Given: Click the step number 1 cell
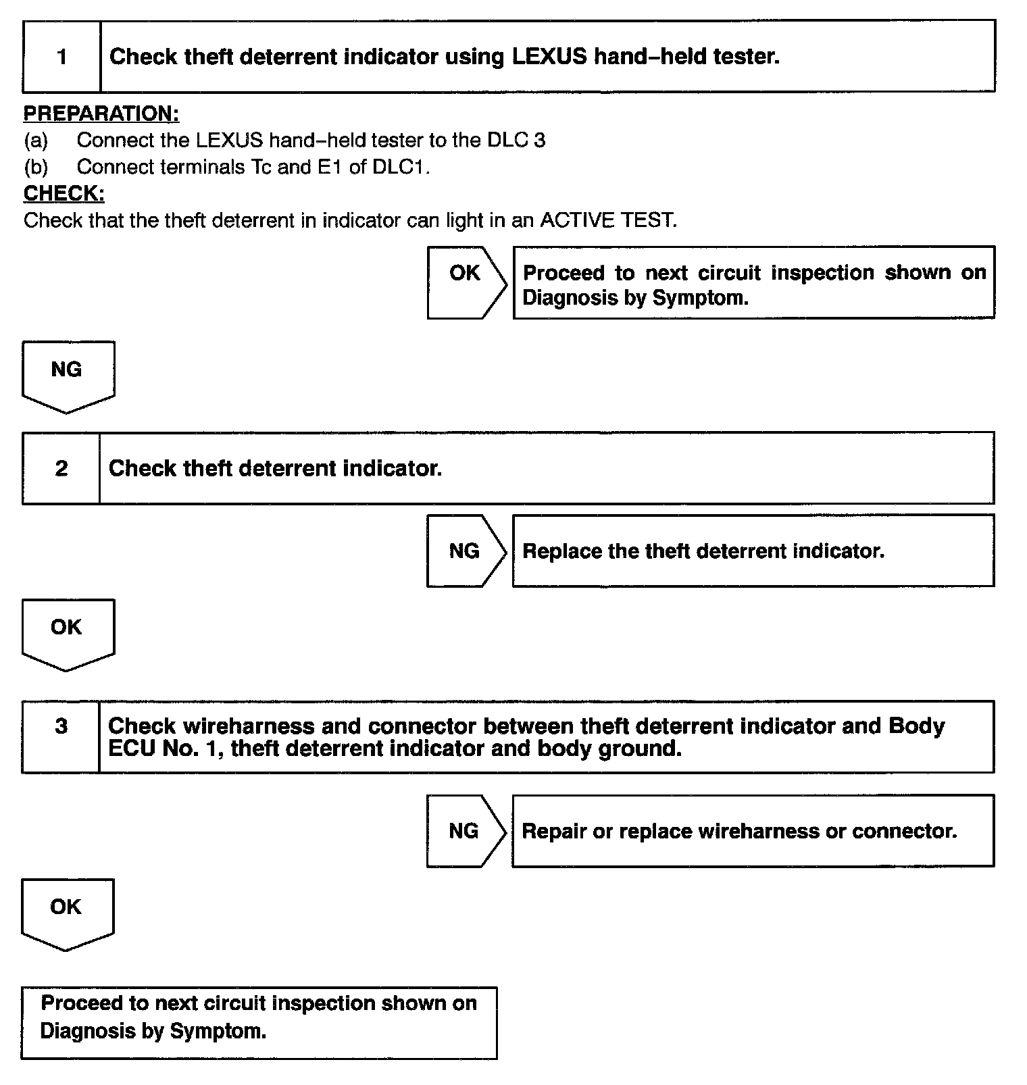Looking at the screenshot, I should point(61,56).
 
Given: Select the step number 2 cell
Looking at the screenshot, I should point(61,468).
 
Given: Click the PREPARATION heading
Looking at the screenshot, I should point(101,113).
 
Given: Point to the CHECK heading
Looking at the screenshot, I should point(64,193).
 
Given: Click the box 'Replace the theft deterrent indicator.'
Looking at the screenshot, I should point(753,551).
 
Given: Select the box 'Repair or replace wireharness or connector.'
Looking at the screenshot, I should point(753,830).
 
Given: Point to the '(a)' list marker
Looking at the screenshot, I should point(36,141).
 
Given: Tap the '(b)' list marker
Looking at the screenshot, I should point(36,167).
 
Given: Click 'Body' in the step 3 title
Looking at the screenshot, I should point(916,726).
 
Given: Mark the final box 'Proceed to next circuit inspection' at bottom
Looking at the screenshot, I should point(259,1022).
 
